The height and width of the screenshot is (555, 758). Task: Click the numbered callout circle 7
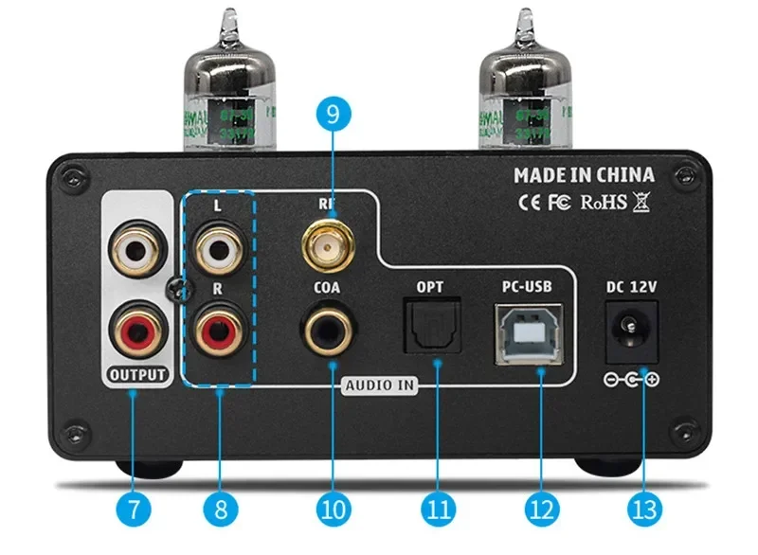click(135, 509)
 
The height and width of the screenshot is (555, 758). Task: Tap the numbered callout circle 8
click(220, 509)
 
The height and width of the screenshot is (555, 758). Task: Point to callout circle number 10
click(333, 509)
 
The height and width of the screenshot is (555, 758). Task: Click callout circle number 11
click(436, 509)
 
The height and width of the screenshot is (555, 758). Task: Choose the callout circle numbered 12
click(540, 509)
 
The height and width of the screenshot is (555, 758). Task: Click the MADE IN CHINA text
click(584, 175)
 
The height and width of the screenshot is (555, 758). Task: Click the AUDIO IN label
click(379, 385)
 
